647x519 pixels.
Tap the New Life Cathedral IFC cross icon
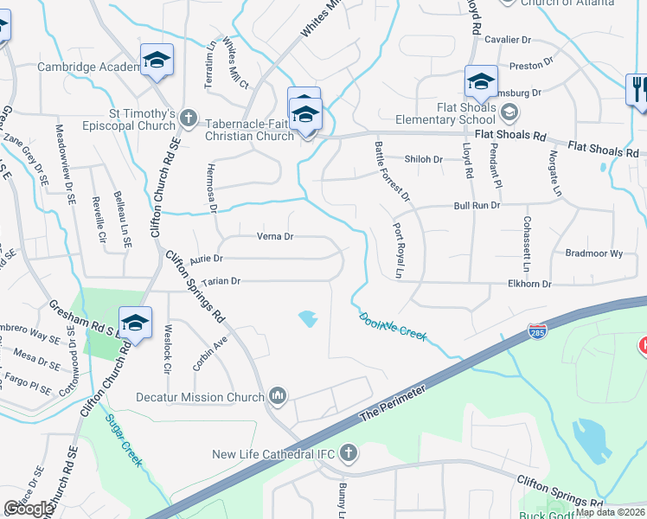coord(348,453)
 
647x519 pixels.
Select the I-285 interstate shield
coord(536,330)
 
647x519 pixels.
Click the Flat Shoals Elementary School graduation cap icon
coord(510,112)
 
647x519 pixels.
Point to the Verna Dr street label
coord(276,236)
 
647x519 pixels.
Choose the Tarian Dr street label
coord(221,281)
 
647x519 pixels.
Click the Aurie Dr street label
coord(207,258)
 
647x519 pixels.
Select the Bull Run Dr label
coord(477,206)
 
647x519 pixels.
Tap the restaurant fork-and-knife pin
coord(637,89)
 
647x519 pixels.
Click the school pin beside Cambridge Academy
coord(157,61)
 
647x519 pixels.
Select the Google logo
coord(29,509)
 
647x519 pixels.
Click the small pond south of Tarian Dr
coord(307,319)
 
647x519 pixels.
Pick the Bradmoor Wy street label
coord(593,253)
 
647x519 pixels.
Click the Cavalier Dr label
coord(507,40)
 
